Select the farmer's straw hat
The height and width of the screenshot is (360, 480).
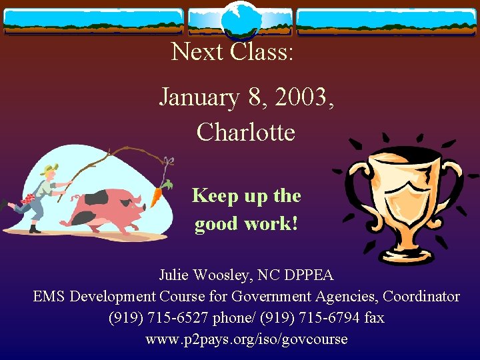48,170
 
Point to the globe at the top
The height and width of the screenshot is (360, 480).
240,20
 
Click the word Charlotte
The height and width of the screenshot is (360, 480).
246,132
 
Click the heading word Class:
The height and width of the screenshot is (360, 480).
261,51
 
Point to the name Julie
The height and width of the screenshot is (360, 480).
175,275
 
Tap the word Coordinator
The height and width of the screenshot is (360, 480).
420,296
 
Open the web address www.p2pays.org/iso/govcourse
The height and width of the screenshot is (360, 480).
247,339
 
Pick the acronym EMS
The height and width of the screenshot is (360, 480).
49,296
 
